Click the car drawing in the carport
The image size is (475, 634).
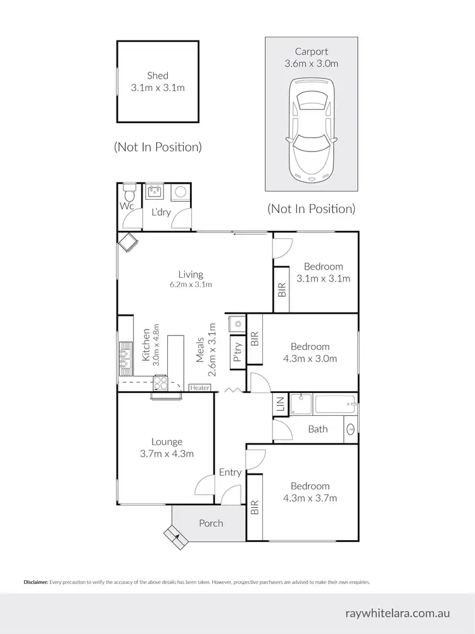[x=311, y=130]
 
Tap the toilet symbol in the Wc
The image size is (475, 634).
[x=129, y=191]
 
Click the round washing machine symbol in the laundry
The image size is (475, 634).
[x=179, y=191]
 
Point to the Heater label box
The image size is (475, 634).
[x=199, y=387]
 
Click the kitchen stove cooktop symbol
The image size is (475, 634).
[x=160, y=382]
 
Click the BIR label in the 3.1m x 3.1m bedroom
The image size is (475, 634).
[x=282, y=290]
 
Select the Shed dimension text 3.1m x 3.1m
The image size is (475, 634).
[x=158, y=87]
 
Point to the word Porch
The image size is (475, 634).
[x=211, y=523]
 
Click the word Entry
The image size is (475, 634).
[x=230, y=472]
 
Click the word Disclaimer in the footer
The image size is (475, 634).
[x=35, y=581]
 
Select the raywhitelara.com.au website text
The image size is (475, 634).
[x=398, y=613]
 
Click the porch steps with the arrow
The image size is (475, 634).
[x=175, y=538]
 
